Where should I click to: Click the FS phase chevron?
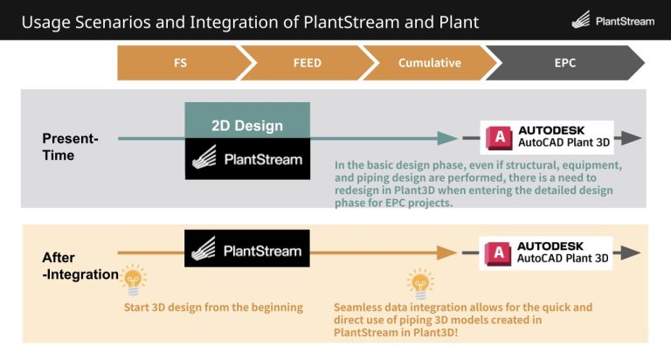(179, 63)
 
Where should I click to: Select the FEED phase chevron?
(301, 63)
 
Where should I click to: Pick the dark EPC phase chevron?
(564, 63)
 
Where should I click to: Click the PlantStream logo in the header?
(612, 20)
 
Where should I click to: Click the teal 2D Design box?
(247, 125)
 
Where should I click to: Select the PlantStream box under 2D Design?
(247, 160)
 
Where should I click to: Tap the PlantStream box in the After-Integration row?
(247, 251)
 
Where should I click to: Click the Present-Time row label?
(70, 146)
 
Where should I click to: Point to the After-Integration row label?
(80, 266)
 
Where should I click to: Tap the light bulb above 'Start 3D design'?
(133, 280)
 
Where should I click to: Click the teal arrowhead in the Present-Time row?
(448, 138)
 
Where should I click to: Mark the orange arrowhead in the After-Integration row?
(448, 253)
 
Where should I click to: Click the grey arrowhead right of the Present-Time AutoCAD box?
(632, 138)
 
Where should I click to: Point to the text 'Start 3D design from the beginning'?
(213, 307)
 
